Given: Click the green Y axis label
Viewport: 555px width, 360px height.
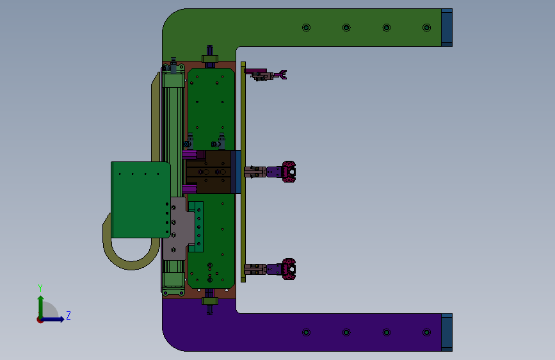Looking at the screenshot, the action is (x=40, y=288).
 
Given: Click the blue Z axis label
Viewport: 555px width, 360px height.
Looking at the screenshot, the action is (x=68, y=315).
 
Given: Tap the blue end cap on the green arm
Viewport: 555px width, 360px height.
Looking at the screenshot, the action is (x=447, y=28).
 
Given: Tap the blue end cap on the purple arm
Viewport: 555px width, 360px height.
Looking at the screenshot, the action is (x=447, y=332).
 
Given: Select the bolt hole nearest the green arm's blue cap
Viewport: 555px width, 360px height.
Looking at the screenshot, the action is (x=426, y=28).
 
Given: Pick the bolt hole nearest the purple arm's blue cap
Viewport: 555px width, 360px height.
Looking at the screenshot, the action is (x=426, y=332).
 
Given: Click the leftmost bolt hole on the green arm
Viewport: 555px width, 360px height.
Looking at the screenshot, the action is (x=306, y=28).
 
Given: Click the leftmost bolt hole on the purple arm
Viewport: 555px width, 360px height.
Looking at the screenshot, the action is (x=306, y=332).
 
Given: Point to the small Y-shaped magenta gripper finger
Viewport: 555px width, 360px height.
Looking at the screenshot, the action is (x=282, y=74).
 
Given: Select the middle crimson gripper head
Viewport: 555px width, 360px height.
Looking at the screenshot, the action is (x=289, y=172).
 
